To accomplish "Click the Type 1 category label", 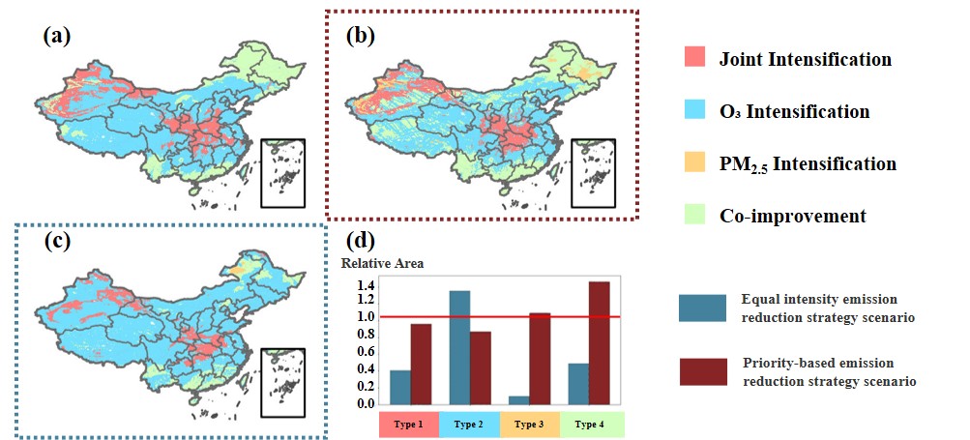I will [408, 425].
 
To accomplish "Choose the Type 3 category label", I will [532, 425].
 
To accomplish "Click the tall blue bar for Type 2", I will [459, 348].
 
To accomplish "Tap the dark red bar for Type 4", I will [599, 343].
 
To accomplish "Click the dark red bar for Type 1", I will [421, 365].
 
